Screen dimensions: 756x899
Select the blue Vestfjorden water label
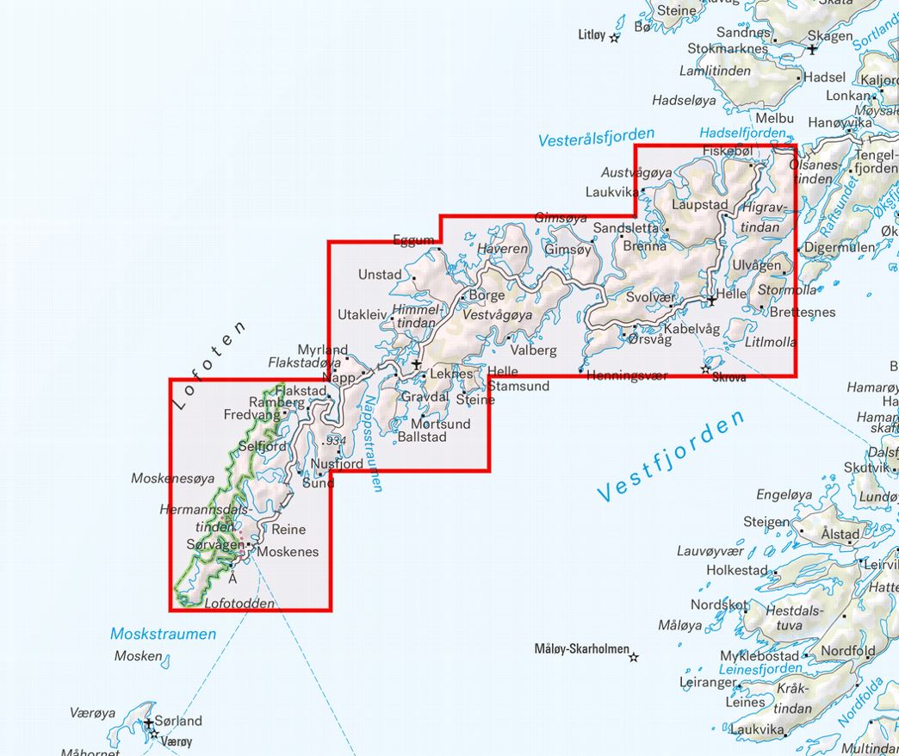point(671,457)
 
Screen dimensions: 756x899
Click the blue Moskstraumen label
point(163,634)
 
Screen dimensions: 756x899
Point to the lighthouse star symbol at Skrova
point(705,369)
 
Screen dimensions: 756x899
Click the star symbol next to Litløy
point(615,37)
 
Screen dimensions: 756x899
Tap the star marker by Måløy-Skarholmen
point(634,657)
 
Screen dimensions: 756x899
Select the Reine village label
point(288,529)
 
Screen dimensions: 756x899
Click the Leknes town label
point(451,374)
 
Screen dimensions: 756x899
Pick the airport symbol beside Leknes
point(417,366)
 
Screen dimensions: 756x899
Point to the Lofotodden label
point(239,604)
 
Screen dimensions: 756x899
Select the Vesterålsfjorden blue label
point(596,137)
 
